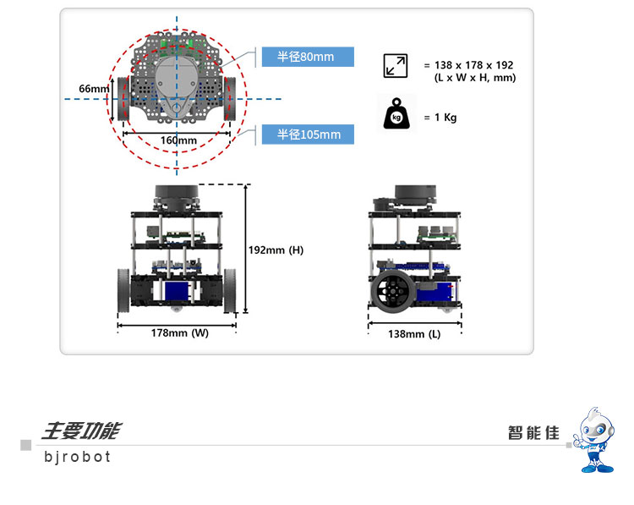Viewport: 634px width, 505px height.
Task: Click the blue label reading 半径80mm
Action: (306, 57)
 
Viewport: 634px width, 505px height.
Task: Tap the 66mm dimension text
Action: (94, 89)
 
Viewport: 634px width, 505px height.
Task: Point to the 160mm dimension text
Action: (178, 140)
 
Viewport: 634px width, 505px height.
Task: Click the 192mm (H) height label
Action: (276, 250)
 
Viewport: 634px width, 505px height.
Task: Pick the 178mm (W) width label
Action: (179, 333)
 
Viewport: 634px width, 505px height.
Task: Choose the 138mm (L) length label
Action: (414, 334)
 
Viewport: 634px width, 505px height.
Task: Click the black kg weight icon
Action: (395, 117)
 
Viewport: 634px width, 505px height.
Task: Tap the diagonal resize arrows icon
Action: (395, 66)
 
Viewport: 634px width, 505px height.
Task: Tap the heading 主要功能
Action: (81, 431)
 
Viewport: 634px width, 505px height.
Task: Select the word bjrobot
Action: (78, 457)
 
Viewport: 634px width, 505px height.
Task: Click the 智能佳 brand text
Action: (533, 432)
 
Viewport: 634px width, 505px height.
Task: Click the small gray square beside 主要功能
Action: (26, 445)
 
